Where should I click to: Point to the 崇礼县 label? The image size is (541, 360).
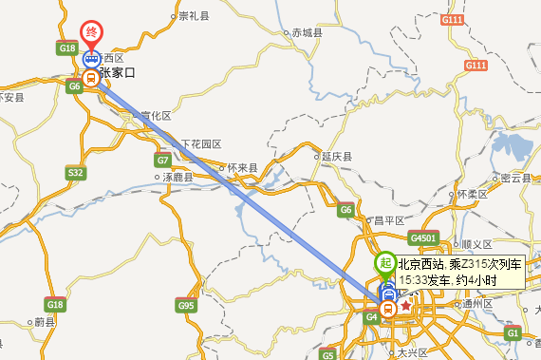(193, 16)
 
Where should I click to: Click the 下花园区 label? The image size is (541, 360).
(200, 143)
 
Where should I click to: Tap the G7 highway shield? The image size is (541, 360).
(162, 161)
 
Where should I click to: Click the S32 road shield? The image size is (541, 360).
(76, 172)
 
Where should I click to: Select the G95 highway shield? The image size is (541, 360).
(185, 306)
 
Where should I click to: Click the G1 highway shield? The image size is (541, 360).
(513, 333)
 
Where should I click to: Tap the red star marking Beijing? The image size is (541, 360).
(406, 307)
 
